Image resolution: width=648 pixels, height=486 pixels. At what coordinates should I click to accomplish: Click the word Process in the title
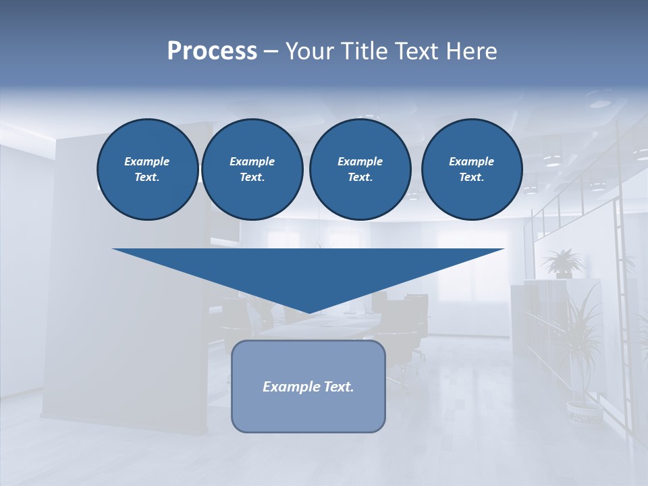212,51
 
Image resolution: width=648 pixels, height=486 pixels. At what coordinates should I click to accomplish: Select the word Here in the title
472,51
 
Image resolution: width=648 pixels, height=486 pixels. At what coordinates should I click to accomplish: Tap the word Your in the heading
310,51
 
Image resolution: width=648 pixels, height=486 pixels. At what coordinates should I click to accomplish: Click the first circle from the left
147,169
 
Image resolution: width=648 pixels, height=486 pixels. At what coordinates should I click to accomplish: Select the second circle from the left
252,169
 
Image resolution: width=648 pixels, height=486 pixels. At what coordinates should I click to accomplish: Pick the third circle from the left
360,169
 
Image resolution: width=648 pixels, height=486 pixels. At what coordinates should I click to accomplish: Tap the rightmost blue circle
471,169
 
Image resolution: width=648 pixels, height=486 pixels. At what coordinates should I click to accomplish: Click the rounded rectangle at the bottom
308,386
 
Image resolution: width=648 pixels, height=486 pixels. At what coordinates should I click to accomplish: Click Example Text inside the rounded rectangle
308,387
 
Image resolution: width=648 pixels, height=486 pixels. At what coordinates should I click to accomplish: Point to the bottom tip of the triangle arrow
308,312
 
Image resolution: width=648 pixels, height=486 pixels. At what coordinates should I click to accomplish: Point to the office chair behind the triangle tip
405,317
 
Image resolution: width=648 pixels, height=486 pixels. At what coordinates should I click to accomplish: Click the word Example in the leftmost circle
147,161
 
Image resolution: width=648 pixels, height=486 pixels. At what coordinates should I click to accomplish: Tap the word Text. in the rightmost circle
471,178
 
